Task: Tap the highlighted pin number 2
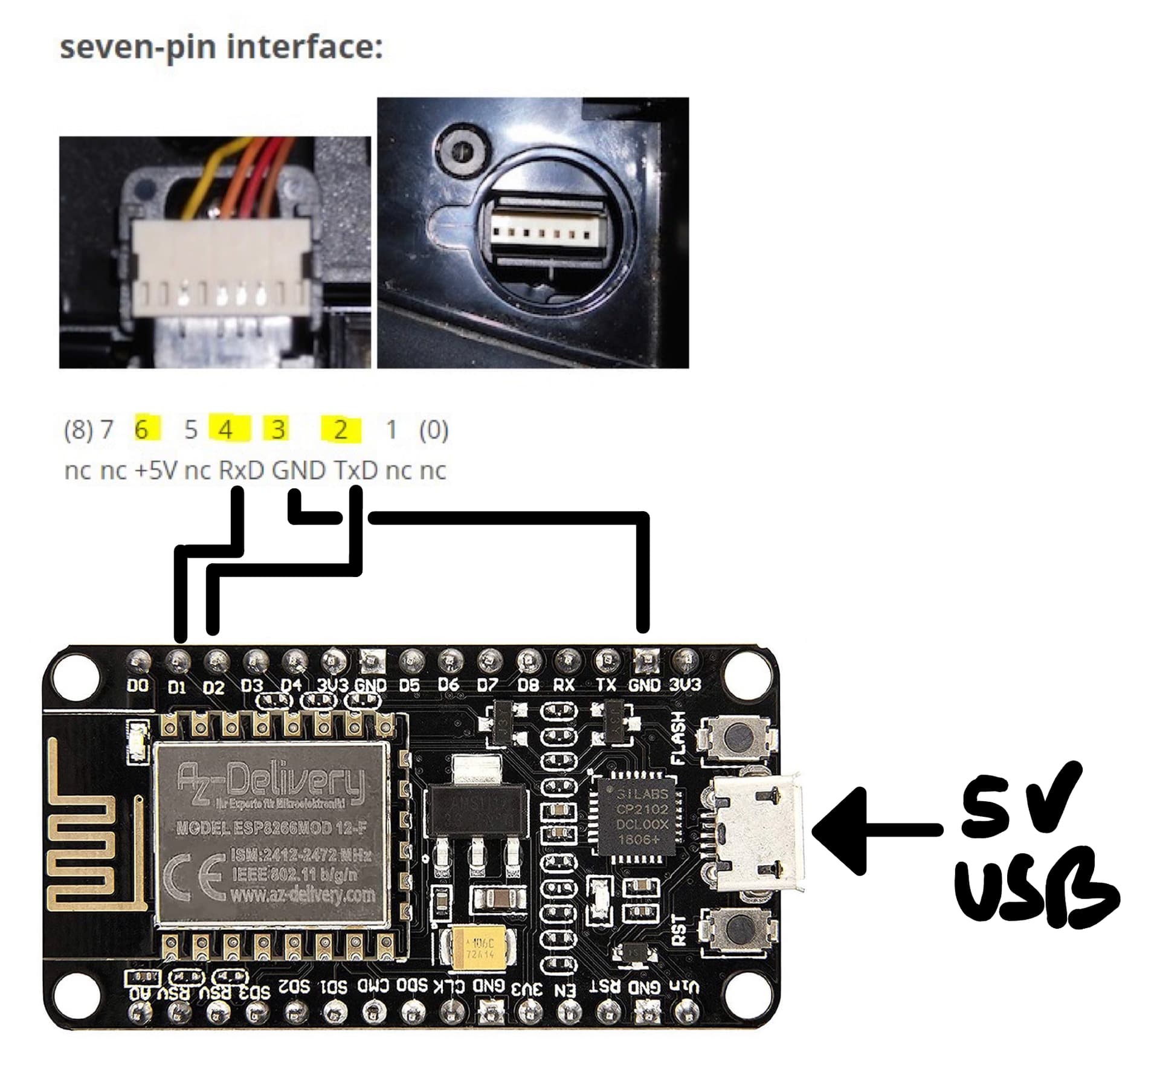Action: click(x=341, y=430)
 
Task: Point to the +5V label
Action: click(x=156, y=470)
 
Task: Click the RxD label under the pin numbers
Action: click(x=241, y=470)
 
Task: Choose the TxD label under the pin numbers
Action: click(x=355, y=470)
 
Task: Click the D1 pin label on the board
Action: click(x=176, y=687)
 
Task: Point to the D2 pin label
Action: click(x=214, y=687)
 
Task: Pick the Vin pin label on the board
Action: click(x=685, y=987)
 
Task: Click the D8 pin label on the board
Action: click(x=528, y=685)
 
